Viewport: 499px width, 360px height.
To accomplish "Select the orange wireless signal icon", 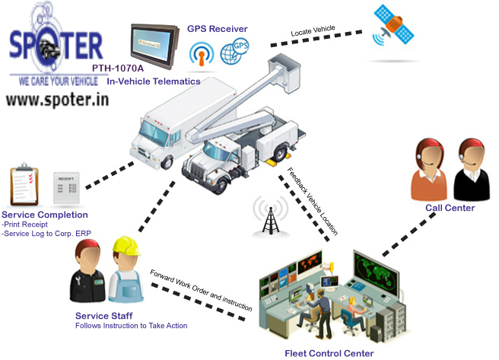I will [202, 55].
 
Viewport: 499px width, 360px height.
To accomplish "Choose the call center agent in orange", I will [428, 172].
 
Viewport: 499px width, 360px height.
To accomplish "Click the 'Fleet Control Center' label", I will [329, 353].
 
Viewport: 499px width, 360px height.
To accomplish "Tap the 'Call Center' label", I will [449, 208].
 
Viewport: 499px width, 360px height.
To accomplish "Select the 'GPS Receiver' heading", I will [217, 29].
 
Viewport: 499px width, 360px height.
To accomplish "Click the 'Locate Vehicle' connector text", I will [313, 32].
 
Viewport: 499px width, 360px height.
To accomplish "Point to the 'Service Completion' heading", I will [45, 215].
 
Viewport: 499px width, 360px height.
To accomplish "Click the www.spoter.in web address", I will [53, 100].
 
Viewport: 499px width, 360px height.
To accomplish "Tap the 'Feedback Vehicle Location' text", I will [313, 200].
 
